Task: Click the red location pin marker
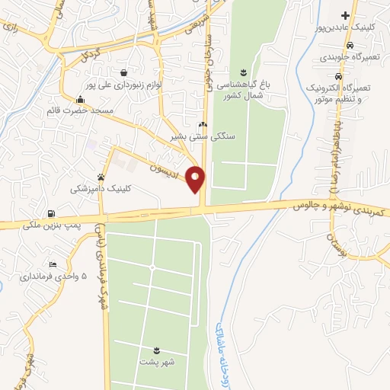[196, 179]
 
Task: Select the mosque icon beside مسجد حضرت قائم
[80, 98]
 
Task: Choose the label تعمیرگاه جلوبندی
[345, 56]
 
